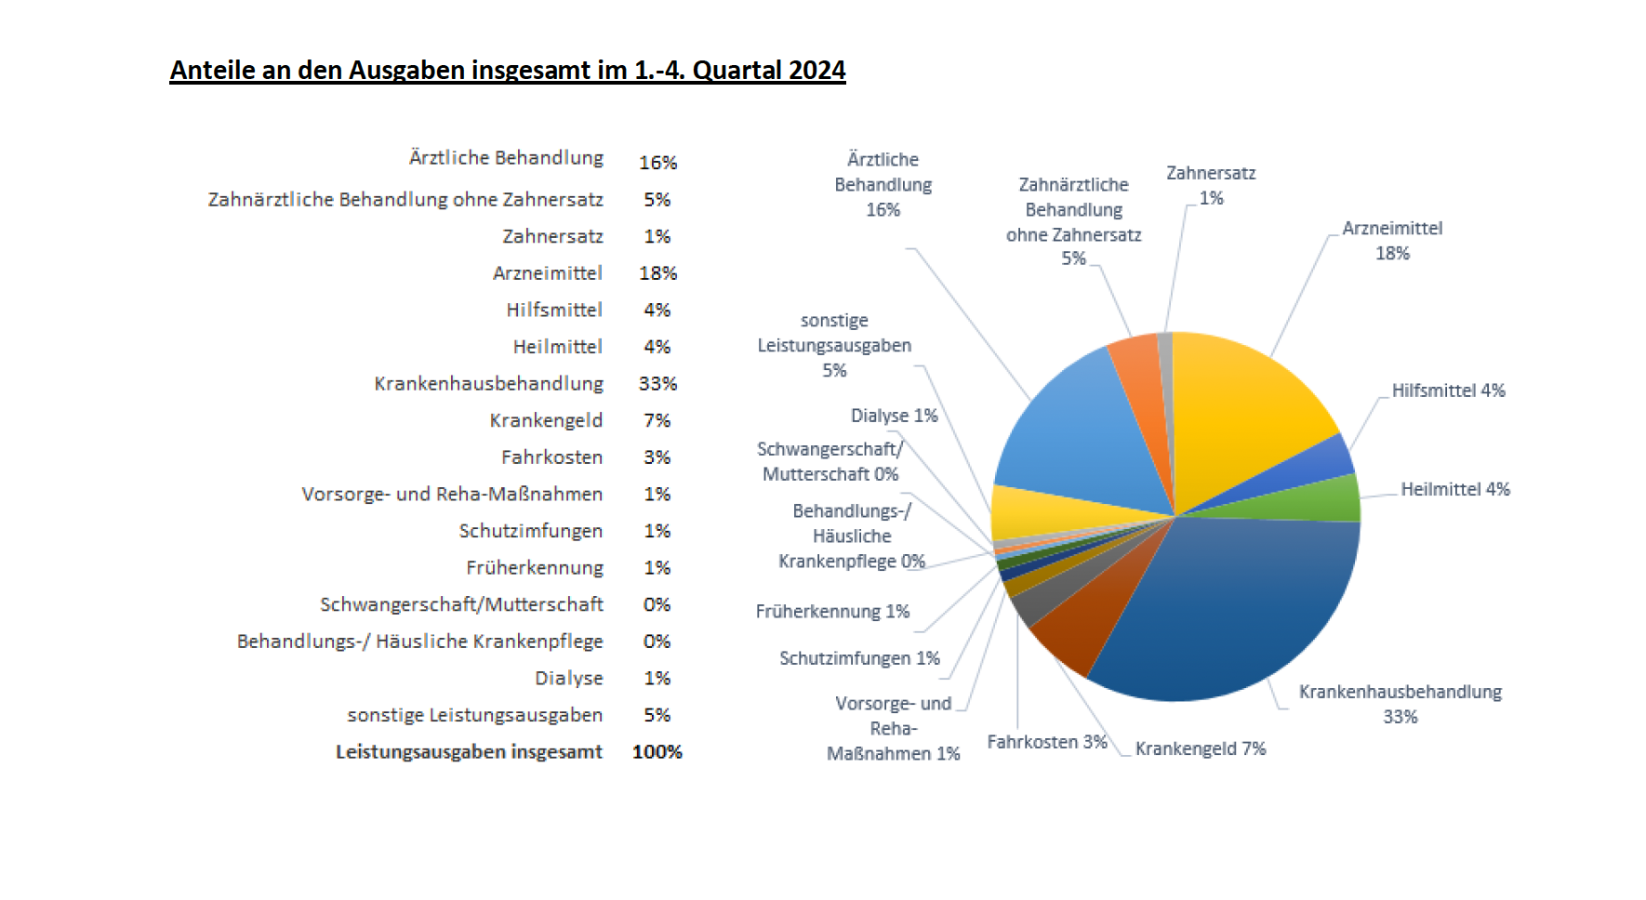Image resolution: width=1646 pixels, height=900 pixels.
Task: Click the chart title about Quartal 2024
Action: tap(507, 71)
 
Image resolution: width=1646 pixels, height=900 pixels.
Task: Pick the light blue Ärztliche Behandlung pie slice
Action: tap(1079, 428)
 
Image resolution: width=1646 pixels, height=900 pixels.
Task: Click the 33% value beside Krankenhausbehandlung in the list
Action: tap(657, 384)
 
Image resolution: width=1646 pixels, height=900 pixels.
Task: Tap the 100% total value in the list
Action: tap(657, 752)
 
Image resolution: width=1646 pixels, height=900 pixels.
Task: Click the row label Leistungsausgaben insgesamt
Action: tap(469, 752)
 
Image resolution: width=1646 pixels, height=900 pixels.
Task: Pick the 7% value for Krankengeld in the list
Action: tap(657, 420)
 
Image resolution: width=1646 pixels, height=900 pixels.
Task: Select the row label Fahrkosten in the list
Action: tap(551, 457)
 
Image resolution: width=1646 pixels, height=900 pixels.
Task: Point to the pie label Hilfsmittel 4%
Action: tap(1448, 390)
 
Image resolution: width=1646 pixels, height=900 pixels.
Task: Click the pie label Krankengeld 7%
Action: tap(1200, 748)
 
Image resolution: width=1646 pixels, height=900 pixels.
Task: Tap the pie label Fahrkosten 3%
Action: tap(1046, 742)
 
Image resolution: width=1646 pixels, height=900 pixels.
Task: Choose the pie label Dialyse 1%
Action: tap(894, 416)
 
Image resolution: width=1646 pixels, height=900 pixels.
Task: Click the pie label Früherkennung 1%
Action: tap(832, 612)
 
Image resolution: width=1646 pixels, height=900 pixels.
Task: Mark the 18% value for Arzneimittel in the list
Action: tap(657, 273)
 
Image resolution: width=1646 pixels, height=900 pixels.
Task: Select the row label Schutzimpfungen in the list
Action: tap(530, 531)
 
